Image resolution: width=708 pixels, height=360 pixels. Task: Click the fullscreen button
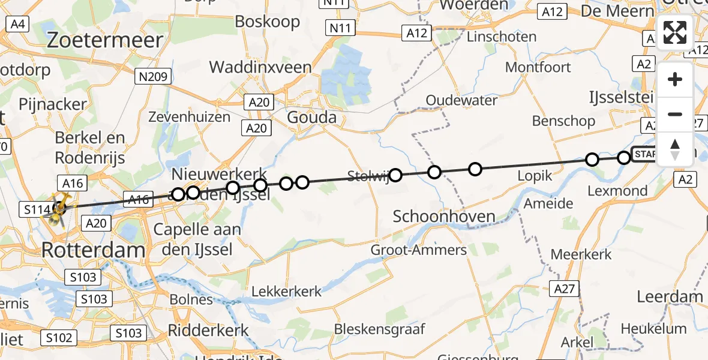coord(675,32)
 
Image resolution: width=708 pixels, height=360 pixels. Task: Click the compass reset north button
coord(675,149)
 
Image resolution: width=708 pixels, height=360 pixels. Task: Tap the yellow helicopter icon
coord(61,210)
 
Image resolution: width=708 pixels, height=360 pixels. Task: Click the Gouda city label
coord(311,117)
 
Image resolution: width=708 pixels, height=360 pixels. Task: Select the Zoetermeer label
coord(105,40)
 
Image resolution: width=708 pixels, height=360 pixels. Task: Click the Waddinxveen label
coord(261,67)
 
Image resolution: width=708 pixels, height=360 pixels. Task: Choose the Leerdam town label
coord(670,296)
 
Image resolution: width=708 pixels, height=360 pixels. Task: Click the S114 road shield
coord(35,209)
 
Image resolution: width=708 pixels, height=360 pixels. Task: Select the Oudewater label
coord(461,100)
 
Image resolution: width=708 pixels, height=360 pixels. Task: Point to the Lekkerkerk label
coord(286,292)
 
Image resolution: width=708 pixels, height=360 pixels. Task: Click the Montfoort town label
coord(538,67)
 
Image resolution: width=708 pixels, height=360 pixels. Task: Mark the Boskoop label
coord(267,22)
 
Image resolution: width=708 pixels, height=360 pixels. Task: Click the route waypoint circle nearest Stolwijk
coord(395,175)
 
